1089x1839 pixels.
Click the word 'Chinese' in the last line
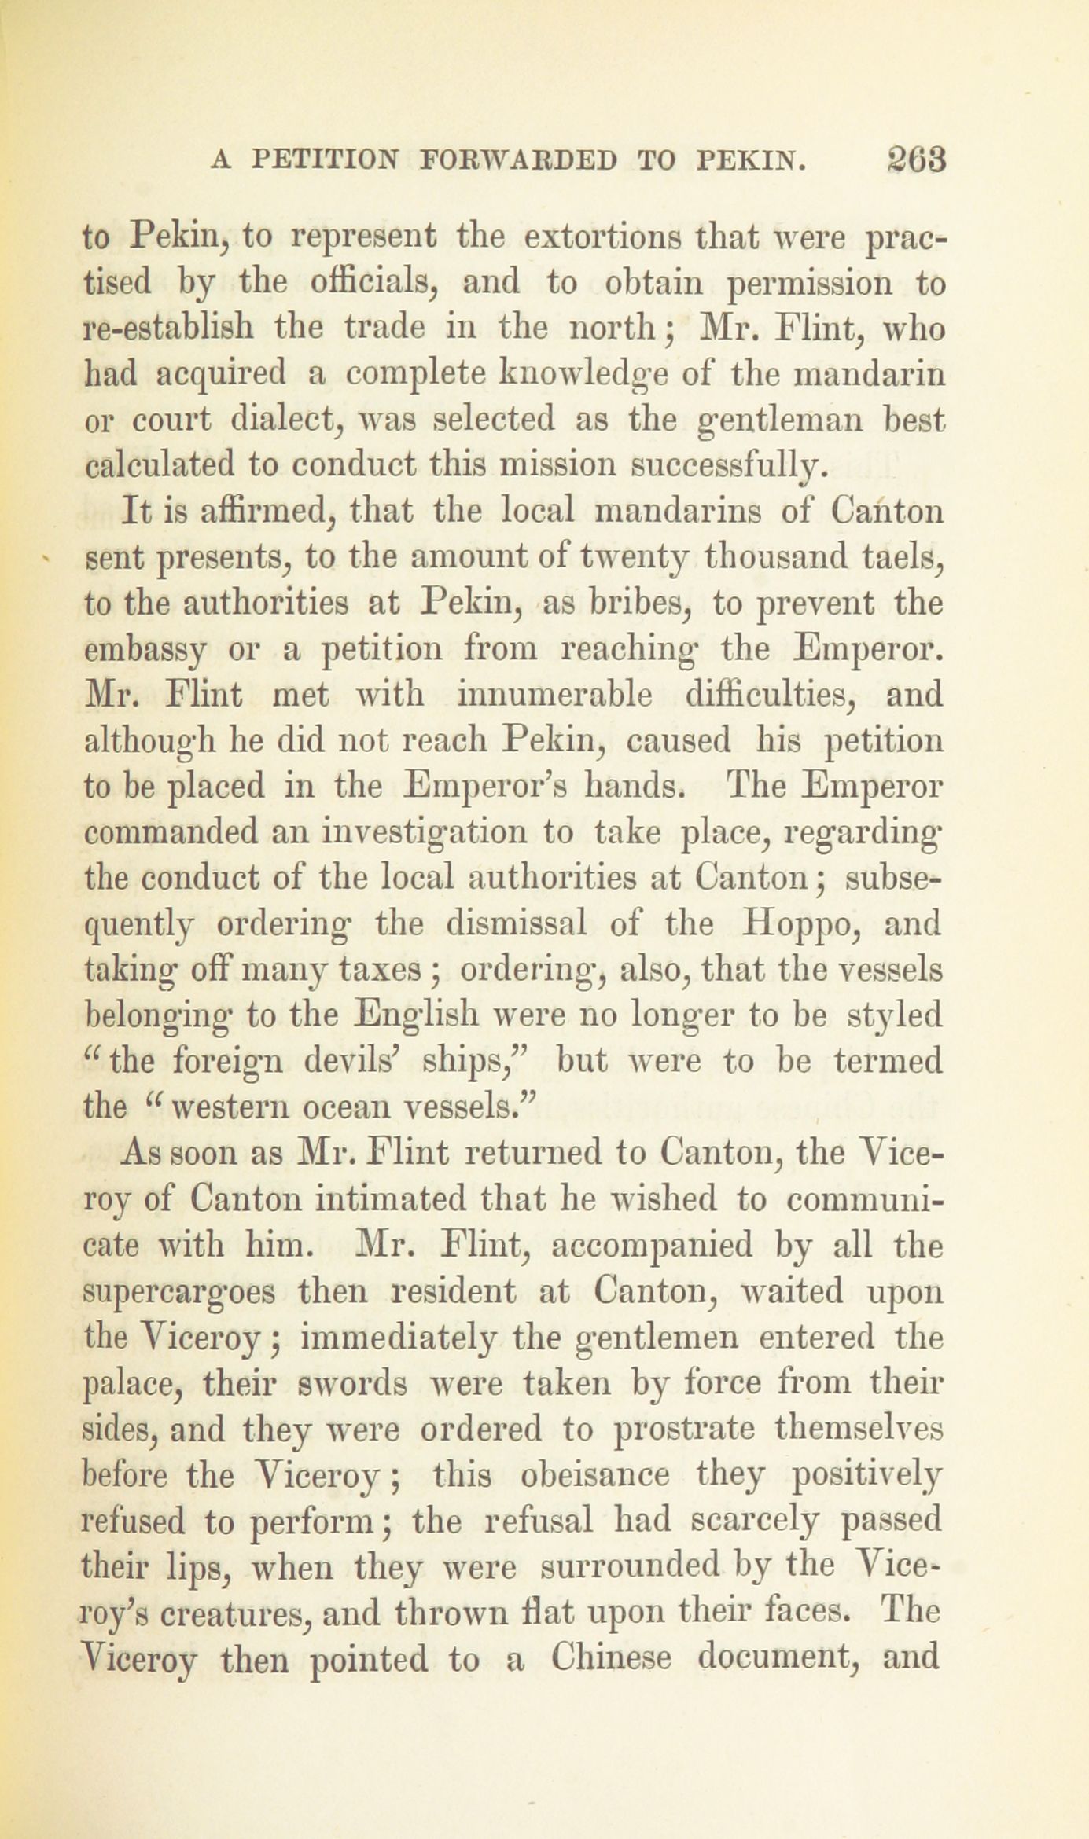(610, 1657)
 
